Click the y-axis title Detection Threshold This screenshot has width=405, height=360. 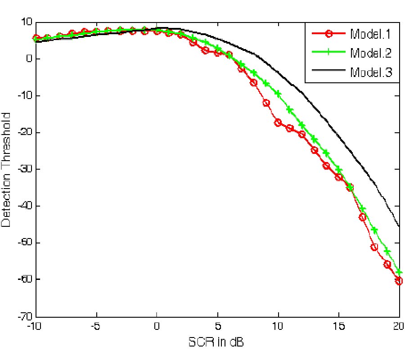pos(8,169)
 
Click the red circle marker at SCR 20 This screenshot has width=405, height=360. pos(399,281)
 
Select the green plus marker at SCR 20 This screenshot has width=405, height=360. pos(399,272)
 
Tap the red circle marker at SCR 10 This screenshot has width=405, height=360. pos(278,123)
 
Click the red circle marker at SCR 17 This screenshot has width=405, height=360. pos(362,217)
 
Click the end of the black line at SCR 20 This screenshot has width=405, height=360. pos(399,226)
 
